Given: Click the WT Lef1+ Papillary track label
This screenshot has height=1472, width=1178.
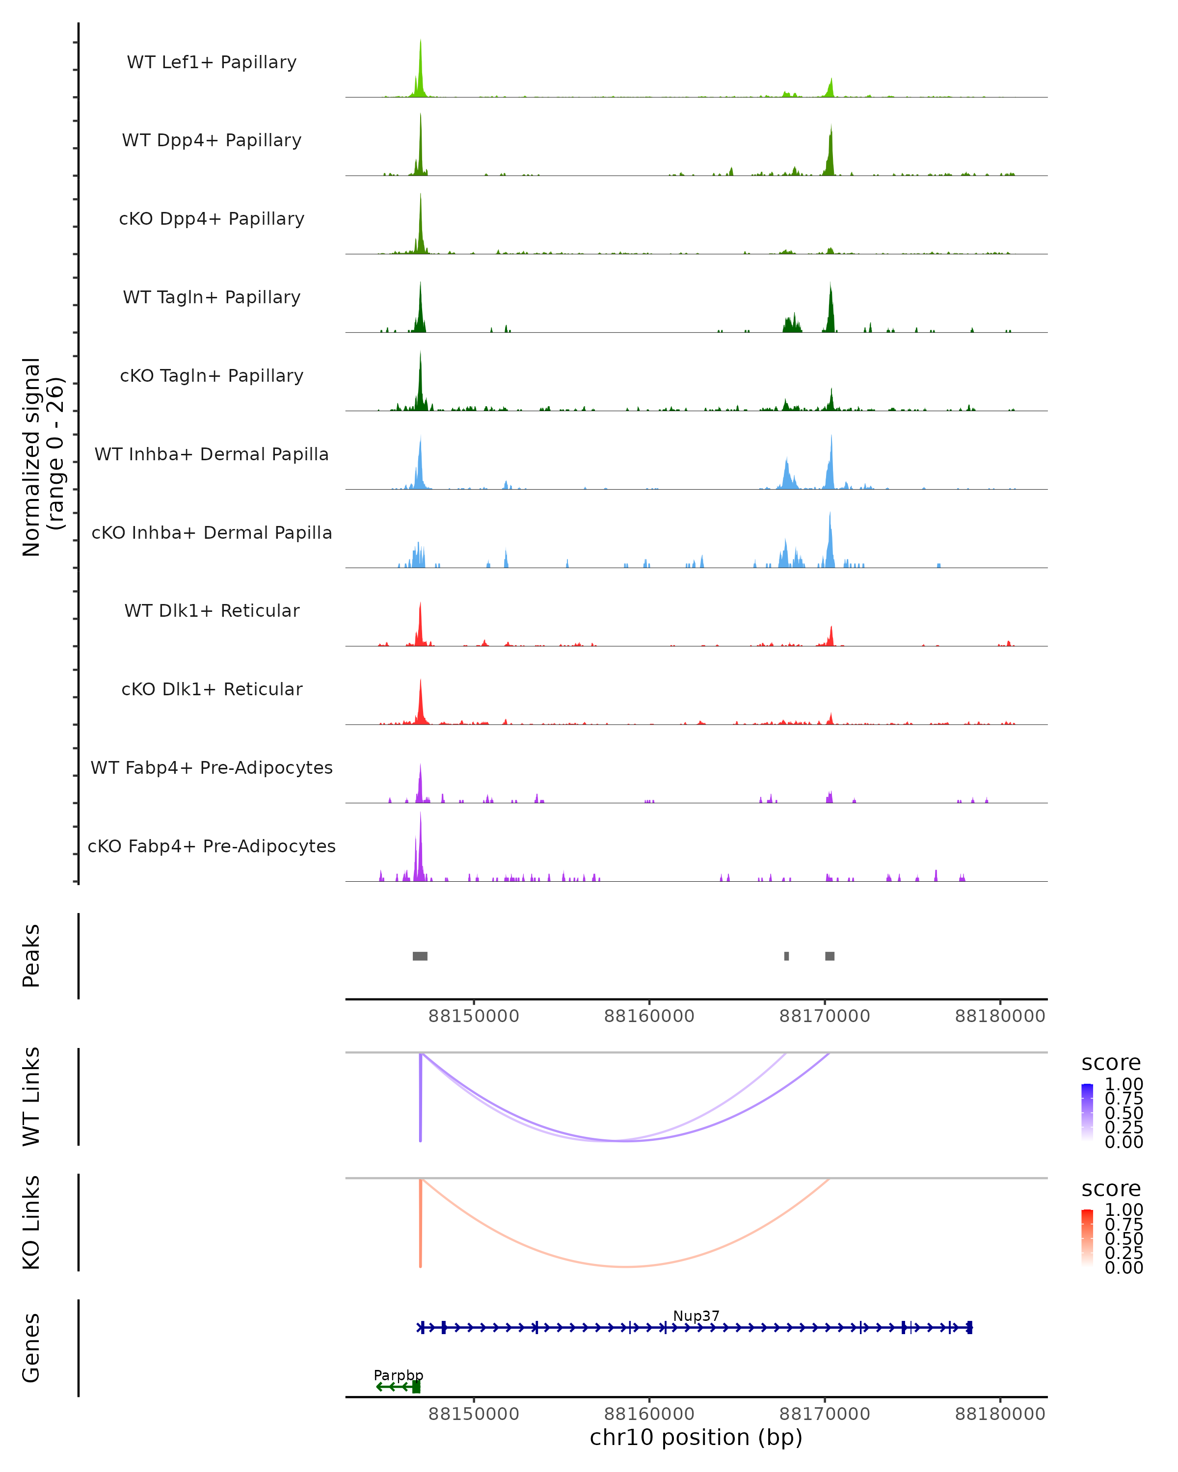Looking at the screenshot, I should point(212,62).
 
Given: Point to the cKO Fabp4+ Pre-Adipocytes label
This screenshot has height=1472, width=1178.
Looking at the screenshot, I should point(212,846).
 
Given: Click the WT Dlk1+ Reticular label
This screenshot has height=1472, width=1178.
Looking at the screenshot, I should point(212,610).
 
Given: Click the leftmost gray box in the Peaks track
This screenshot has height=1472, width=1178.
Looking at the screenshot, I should point(420,956).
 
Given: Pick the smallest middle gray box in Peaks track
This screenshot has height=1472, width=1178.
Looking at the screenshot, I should point(787,956).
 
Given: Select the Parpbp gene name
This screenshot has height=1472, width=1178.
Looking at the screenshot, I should point(398,1375).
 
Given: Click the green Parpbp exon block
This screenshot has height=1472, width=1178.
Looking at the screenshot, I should point(417,1387).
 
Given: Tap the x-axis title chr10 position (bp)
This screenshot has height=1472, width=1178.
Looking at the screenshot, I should point(696,1437).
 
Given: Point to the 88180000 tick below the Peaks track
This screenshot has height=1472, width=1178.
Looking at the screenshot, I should point(1000,1016).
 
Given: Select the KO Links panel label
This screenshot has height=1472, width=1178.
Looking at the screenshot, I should point(31,1222).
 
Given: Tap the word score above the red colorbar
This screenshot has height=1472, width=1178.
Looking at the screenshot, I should point(1111,1189).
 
